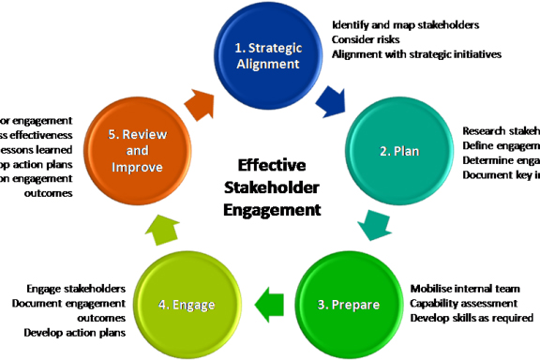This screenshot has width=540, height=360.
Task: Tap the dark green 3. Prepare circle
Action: coord(348,303)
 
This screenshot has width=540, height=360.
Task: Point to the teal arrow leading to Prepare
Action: coord(374,226)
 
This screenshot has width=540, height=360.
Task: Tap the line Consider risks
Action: coord(368,38)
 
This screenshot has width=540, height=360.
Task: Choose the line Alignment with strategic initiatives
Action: coord(416,54)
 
